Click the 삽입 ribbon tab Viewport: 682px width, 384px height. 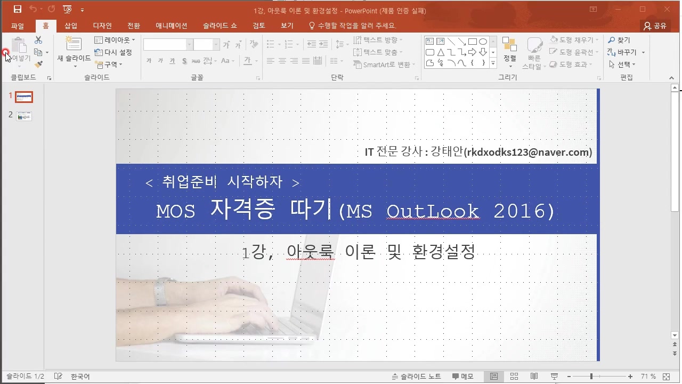point(71,26)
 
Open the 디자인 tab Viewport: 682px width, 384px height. point(102,26)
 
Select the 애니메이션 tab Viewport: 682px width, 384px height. point(172,26)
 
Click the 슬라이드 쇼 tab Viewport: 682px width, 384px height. point(220,26)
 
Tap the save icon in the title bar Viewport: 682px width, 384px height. point(18,10)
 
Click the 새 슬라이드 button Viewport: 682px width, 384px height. point(74,50)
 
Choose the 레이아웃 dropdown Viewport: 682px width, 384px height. point(115,40)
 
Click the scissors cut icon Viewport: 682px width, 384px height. point(38,40)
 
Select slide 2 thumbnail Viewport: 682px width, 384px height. point(24,116)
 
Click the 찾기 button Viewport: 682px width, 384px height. point(619,40)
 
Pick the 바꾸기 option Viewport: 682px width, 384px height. point(626,52)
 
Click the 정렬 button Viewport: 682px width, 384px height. point(509,52)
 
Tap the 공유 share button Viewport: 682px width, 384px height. point(655,26)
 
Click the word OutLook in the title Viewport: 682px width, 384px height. point(433,211)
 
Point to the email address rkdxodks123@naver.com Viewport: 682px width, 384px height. point(527,152)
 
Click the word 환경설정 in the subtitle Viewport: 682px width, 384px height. point(444,252)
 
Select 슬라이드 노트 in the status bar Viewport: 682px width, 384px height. point(417,377)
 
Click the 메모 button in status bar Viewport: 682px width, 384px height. point(463,377)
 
